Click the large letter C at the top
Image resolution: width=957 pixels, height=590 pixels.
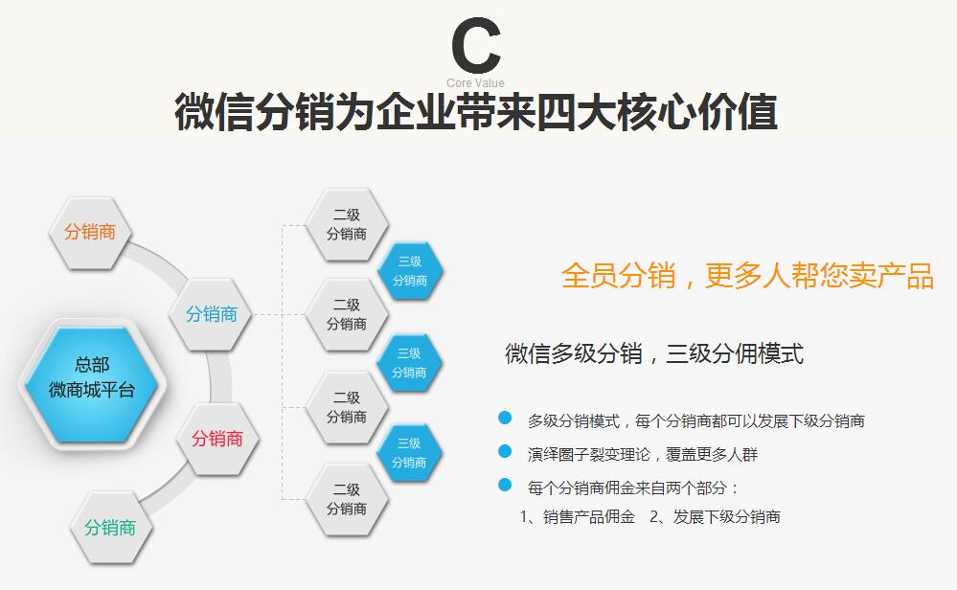[x=476, y=45]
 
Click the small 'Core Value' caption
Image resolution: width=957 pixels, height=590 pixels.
[x=475, y=83]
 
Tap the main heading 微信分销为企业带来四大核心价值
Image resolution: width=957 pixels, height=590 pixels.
[x=476, y=112]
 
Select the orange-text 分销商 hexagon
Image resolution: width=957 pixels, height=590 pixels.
[x=90, y=233]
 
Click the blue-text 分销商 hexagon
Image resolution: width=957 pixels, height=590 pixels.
[x=211, y=314]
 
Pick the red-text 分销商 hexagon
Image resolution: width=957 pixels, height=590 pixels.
[x=217, y=439]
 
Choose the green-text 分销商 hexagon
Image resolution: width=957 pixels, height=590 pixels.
[x=110, y=528]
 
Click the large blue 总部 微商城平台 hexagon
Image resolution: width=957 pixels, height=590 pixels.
[x=92, y=384]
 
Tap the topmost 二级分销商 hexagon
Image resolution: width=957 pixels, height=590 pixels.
[x=346, y=225]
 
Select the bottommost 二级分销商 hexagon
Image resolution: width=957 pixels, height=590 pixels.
[x=346, y=500]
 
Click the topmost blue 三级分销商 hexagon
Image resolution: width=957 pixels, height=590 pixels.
[x=410, y=271]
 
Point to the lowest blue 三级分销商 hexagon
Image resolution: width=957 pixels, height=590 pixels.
[x=409, y=453]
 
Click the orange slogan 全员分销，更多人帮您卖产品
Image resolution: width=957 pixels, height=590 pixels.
[x=747, y=275]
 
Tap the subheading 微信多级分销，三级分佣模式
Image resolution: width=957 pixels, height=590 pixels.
[x=654, y=353]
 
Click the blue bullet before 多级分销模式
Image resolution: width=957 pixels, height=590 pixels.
[x=505, y=418]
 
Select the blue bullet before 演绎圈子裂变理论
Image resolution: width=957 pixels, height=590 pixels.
[x=505, y=451]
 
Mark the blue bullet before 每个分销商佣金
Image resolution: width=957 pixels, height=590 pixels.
[x=505, y=485]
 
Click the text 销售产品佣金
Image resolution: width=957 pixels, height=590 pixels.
[x=589, y=517]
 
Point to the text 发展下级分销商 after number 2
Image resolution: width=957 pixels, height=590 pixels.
[x=726, y=517]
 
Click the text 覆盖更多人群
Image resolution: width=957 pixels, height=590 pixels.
[x=712, y=455]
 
